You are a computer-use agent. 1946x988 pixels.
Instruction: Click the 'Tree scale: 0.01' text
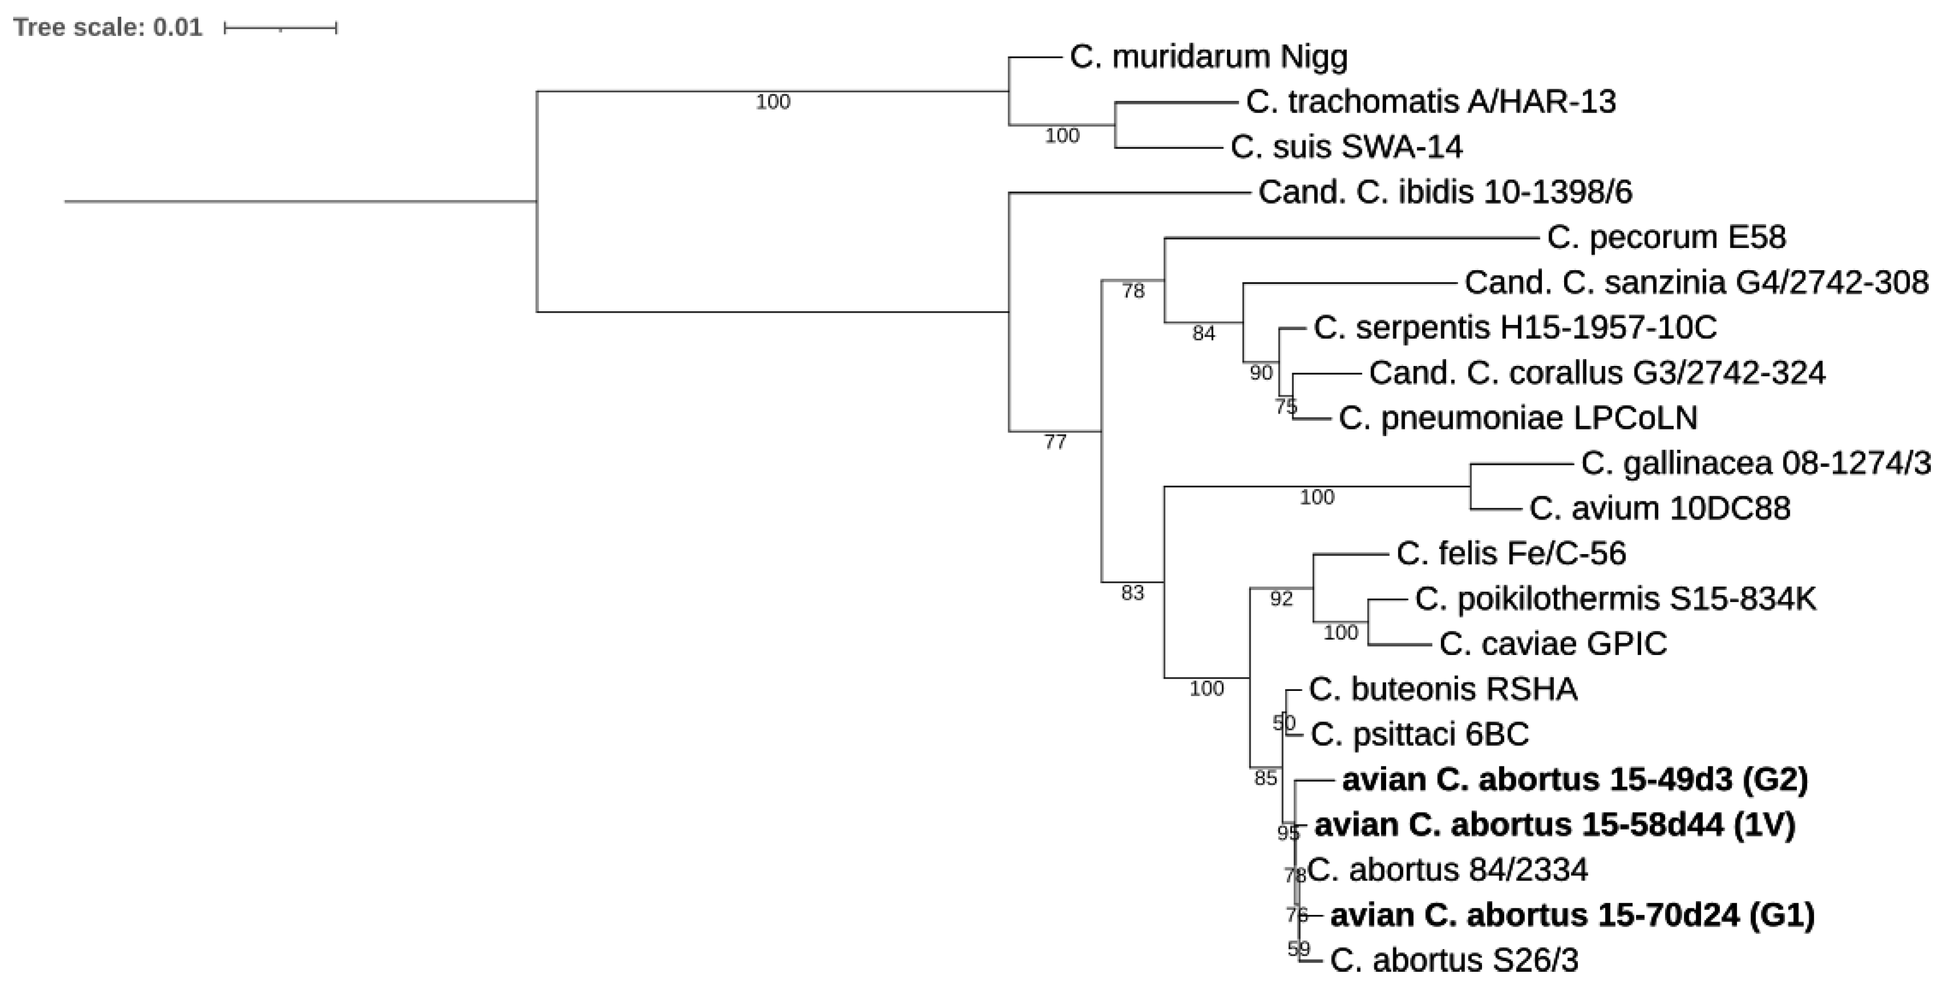point(108,28)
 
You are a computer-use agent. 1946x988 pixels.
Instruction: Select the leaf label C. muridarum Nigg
point(1208,57)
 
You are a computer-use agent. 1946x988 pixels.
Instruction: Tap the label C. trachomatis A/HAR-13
point(1430,101)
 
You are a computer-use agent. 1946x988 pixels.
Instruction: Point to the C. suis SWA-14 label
point(1346,147)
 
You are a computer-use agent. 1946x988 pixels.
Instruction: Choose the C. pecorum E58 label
point(1666,237)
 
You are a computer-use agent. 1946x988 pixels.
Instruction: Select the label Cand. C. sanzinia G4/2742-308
point(1696,282)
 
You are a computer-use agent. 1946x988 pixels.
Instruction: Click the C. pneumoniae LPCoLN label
point(1517,418)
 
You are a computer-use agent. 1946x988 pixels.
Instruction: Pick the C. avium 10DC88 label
point(1659,508)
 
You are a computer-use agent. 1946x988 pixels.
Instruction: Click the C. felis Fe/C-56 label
point(1511,554)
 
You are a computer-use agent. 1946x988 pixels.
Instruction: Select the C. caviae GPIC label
point(1552,644)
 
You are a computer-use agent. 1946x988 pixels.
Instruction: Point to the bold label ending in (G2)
point(1574,780)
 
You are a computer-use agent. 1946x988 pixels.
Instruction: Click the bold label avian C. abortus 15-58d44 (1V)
point(1554,825)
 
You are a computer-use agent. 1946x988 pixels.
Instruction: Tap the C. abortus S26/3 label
point(1454,960)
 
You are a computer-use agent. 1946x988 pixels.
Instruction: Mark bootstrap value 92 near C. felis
point(1281,599)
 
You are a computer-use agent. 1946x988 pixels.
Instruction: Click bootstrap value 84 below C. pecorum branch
point(1204,333)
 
